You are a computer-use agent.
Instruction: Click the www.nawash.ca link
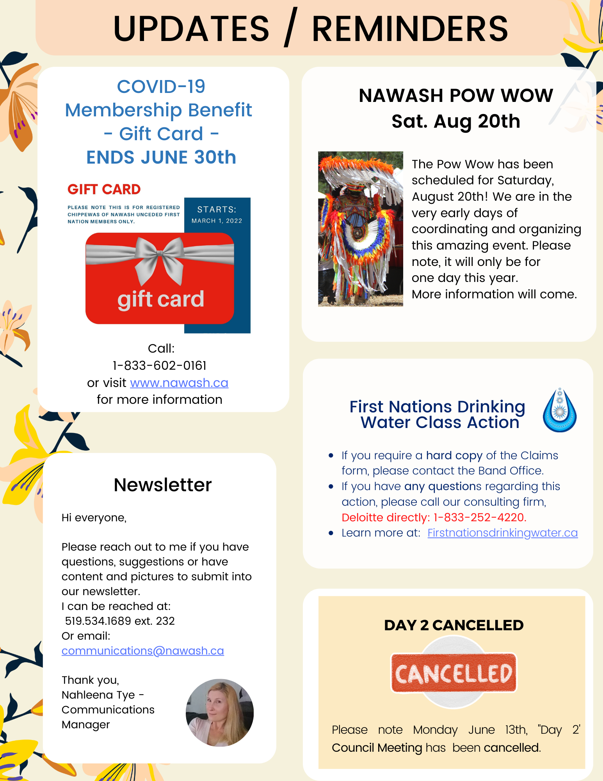coord(179,383)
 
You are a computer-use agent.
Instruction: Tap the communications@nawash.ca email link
coord(143,651)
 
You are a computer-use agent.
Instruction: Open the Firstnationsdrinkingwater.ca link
coord(502,533)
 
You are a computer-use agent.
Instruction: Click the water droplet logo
coord(559,410)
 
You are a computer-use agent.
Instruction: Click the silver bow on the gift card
coord(160,256)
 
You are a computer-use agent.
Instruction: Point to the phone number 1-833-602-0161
coord(160,366)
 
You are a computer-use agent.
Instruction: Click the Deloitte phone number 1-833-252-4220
coord(480,518)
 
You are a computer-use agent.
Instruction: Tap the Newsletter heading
coord(162,485)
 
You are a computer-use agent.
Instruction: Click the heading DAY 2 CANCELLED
coord(454,625)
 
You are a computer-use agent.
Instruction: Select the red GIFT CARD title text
coord(104,190)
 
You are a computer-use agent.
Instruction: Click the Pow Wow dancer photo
coord(360,229)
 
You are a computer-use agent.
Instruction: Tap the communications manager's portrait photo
coord(220,713)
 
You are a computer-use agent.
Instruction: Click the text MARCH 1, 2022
coord(217,221)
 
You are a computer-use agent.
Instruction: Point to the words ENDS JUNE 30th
coord(161,158)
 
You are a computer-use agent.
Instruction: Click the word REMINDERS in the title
coord(410,29)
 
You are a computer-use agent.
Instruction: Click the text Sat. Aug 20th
coord(455,121)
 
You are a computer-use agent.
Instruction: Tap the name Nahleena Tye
coord(98,695)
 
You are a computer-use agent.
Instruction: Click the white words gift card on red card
coord(160,300)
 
